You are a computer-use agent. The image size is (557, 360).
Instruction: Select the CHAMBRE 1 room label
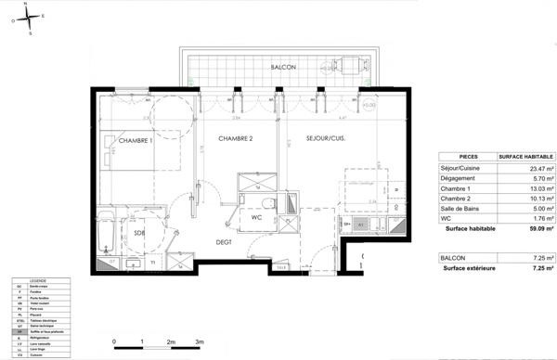pyautogui.click(x=136, y=138)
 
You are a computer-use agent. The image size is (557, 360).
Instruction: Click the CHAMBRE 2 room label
pyautogui.click(x=236, y=138)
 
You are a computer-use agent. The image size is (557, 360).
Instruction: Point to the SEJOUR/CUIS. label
pyautogui.click(x=326, y=138)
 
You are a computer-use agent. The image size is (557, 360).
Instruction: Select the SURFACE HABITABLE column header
pyautogui.click(x=525, y=157)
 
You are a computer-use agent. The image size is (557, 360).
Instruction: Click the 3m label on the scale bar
pyautogui.click(x=199, y=342)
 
